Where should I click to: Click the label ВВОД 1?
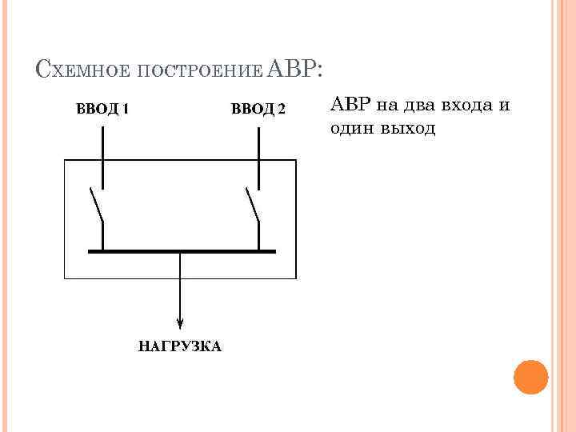point(102,109)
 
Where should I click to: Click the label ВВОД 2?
point(258,109)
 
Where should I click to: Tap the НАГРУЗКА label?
point(180,346)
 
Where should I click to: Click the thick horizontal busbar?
point(181,251)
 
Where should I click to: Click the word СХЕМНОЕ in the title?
point(82,71)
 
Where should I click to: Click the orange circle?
point(530,376)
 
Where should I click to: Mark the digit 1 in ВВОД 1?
point(125,109)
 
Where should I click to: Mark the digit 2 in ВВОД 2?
point(281,109)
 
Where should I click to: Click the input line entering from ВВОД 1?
point(102,144)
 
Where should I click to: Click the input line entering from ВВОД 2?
point(258,144)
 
